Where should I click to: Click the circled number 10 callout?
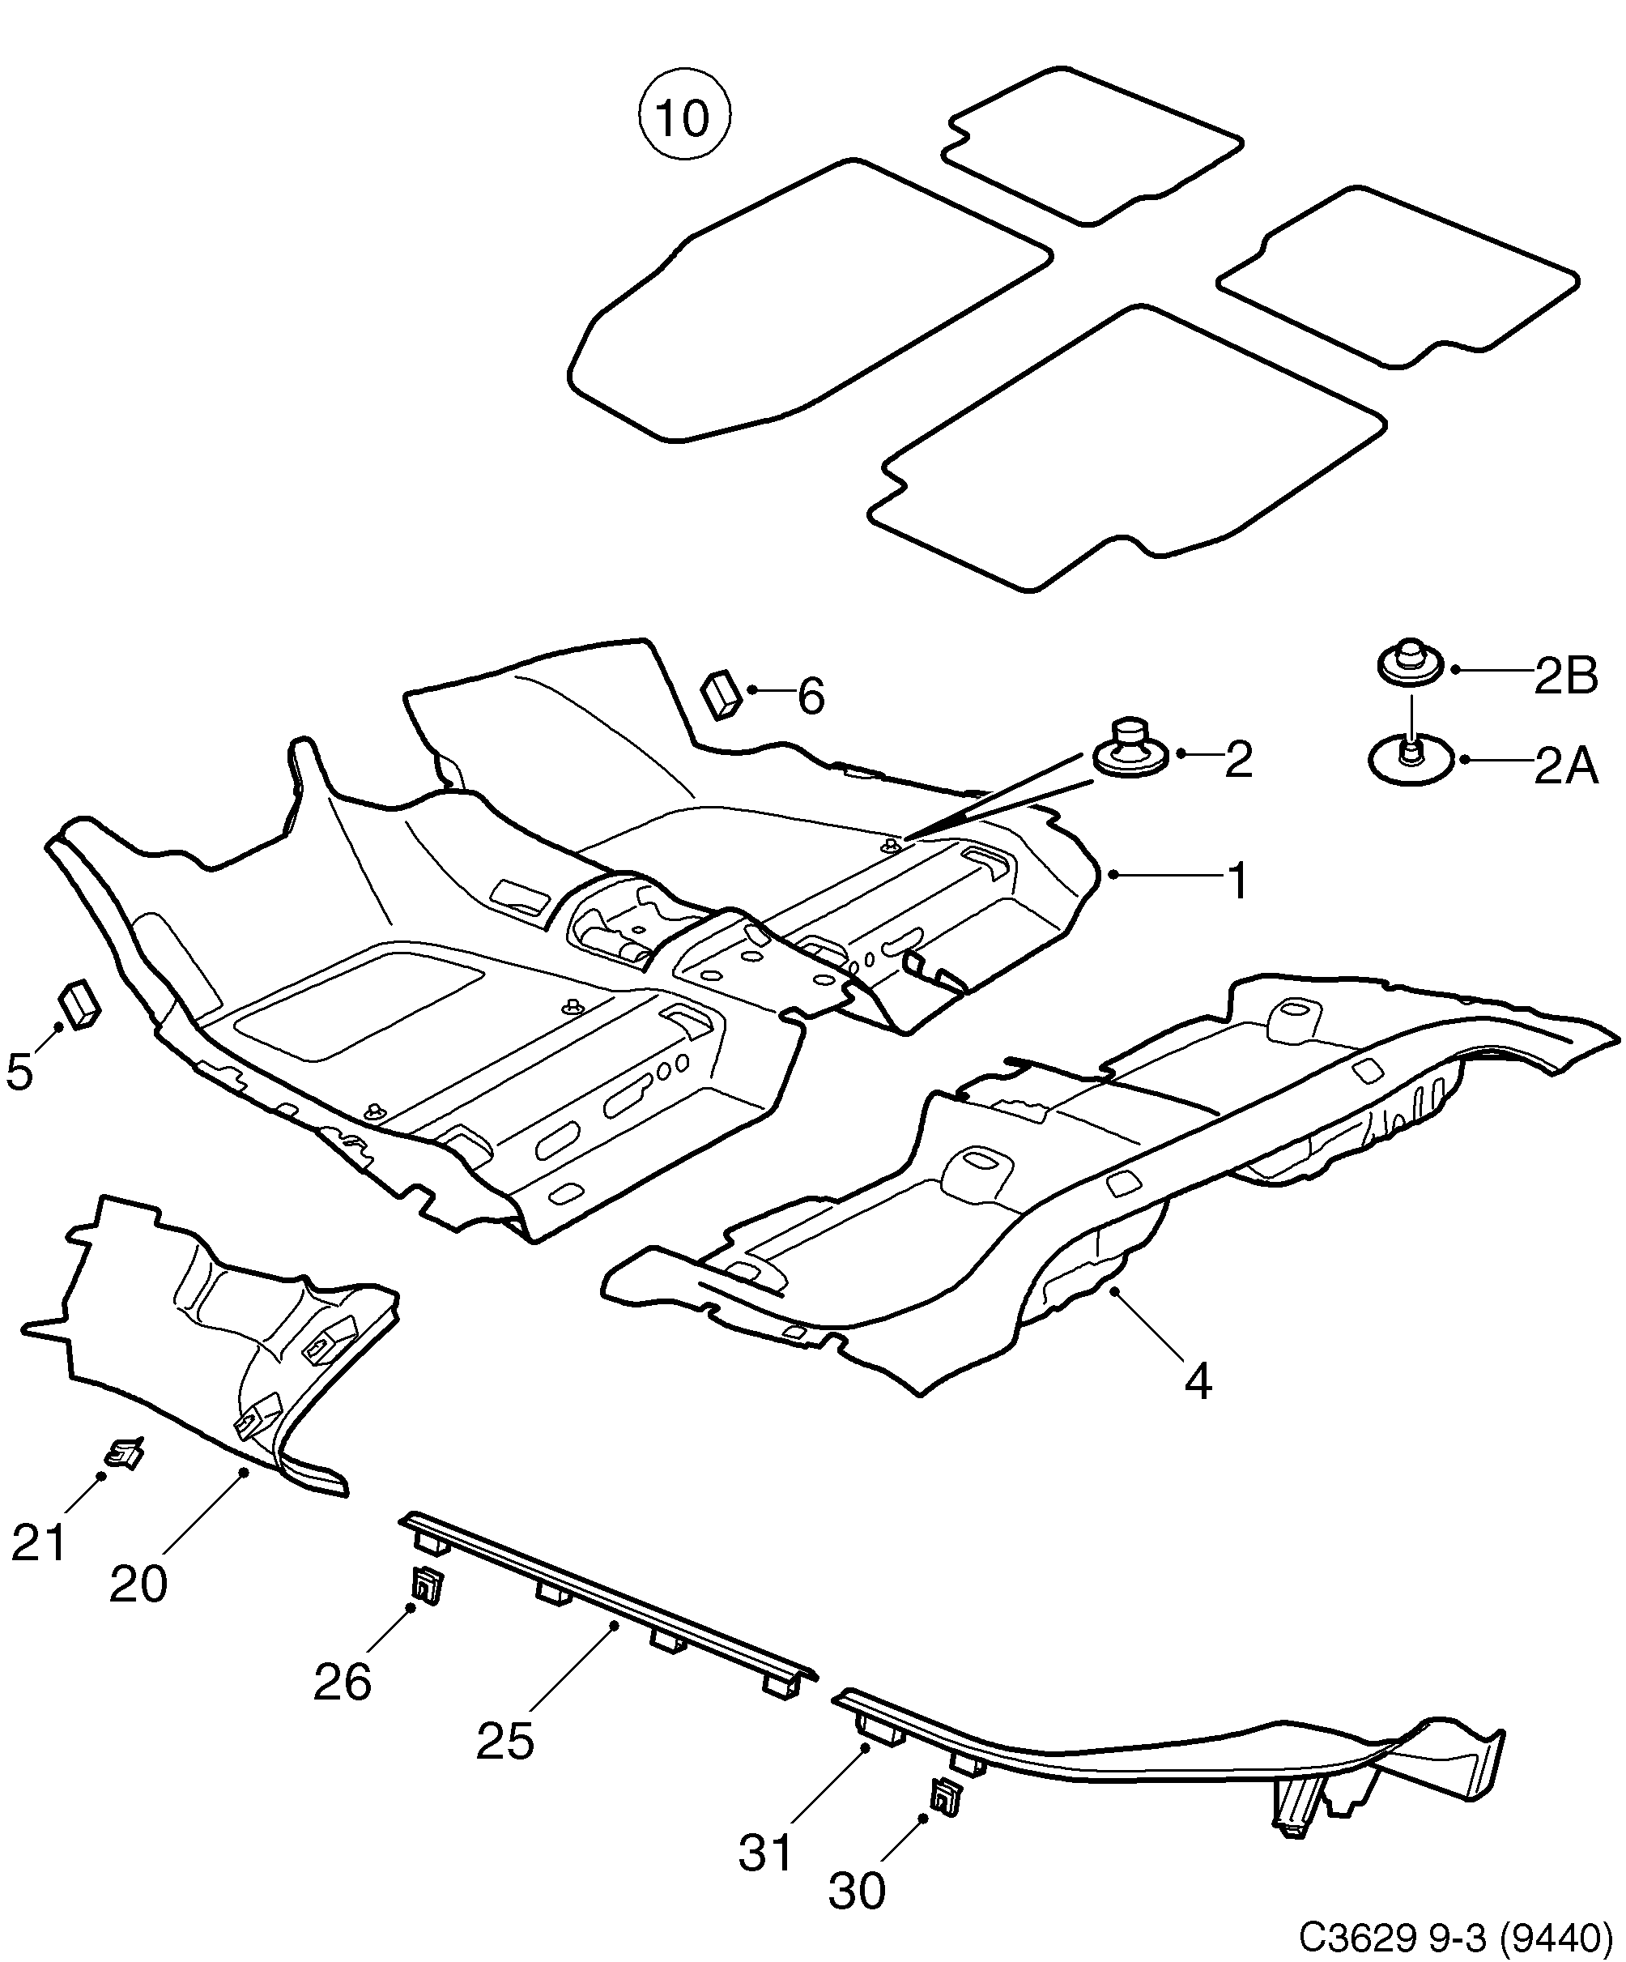click(683, 117)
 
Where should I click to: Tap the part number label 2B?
click(1566, 676)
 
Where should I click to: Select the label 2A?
click(1566, 767)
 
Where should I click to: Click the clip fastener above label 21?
click(124, 1454)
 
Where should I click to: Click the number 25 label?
click(505, 1741)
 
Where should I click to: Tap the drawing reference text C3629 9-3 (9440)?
click(1456, 1935)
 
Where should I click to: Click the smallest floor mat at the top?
click(1092, 146)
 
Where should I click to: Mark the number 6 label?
click(810, 697)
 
